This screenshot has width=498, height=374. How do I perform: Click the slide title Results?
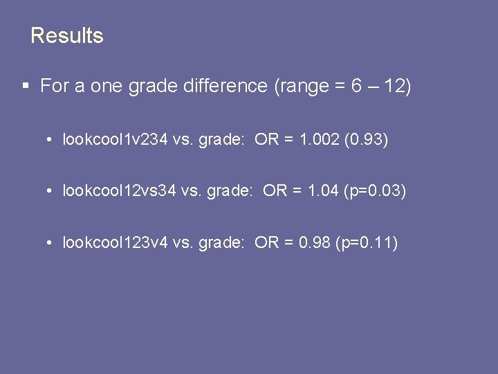pos(67,35)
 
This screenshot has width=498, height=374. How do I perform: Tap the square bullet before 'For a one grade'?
pos(26,87)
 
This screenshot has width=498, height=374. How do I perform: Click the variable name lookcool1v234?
pos(115,140)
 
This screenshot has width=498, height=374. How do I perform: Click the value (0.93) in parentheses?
pos(369,140)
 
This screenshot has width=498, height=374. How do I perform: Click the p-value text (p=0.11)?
pos(367,242)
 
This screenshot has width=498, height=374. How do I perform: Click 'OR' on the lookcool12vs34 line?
pos(275,190)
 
